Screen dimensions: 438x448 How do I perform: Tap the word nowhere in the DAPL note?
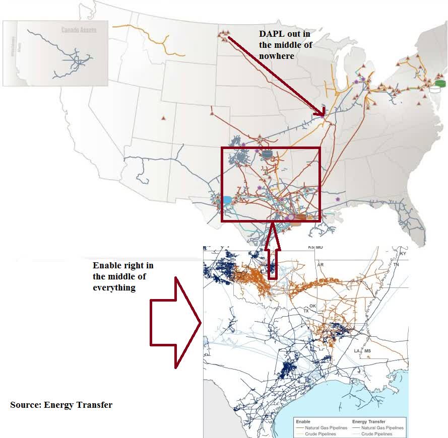(276, 56)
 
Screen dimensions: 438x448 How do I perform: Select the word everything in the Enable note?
(114, 287)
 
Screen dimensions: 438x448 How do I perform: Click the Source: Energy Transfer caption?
(61, 404)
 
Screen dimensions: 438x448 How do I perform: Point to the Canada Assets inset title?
(79, 30)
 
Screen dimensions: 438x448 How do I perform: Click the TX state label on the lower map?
(306, 311)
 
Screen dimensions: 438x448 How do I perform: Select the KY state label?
(402, 254)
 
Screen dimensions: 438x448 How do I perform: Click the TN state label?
(396, 264)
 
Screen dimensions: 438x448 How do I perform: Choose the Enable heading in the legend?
(303, 422)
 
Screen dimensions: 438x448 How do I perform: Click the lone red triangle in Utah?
(163, 118)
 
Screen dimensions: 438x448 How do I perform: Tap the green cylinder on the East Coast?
(441, 83)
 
